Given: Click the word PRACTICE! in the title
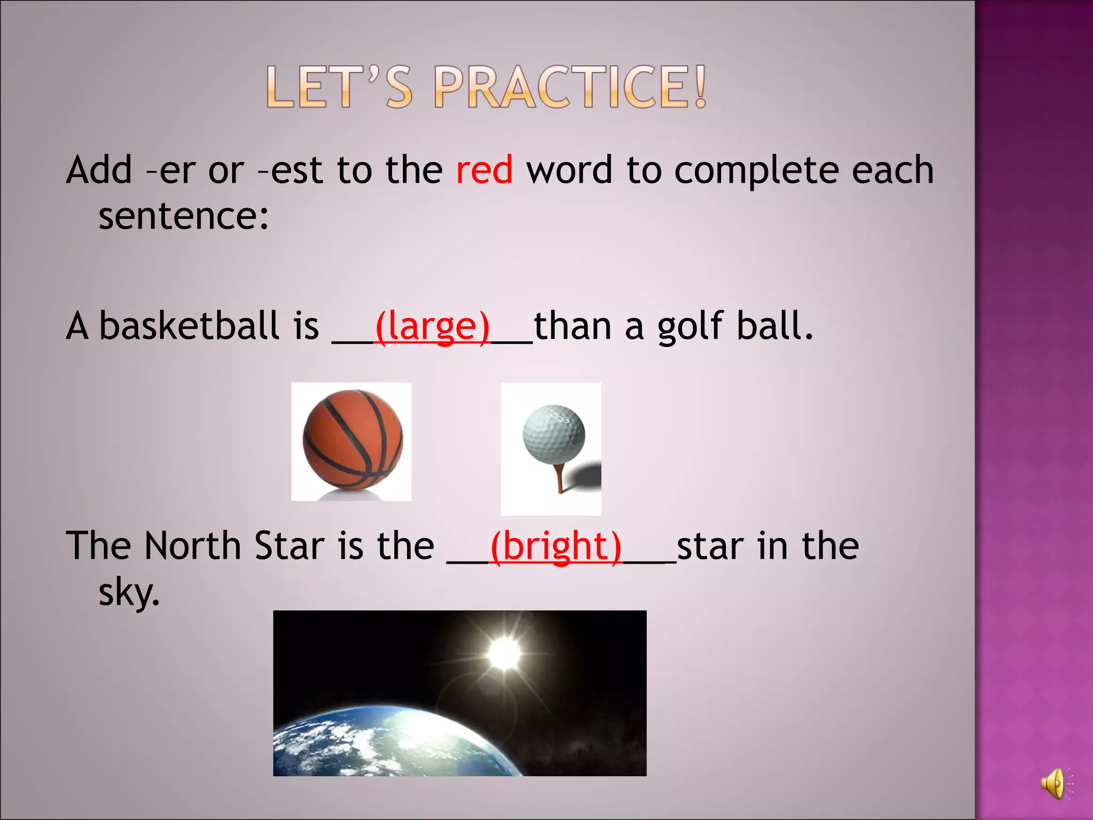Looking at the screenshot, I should (570, 87).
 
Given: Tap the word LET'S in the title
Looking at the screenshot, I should (339, 87).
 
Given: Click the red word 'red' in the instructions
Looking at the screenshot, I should (484, 170).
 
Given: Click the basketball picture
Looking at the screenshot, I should (352, 439).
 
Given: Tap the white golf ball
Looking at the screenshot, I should (554, 433).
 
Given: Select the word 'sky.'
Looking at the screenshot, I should (129, 593).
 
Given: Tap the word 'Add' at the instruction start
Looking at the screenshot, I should (99, 170).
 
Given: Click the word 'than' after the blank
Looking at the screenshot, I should (572, 326).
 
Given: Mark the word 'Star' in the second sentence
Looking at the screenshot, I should (290, 546).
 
